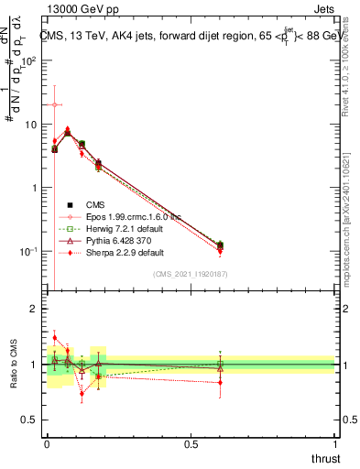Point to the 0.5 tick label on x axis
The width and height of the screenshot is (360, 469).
[190, 443]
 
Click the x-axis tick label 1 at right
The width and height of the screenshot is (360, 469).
[335, 443]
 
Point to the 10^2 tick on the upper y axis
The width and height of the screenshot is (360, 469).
[29, 60]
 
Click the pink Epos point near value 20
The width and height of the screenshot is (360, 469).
[55, 104]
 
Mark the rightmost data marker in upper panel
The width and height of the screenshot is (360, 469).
[220, 245]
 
